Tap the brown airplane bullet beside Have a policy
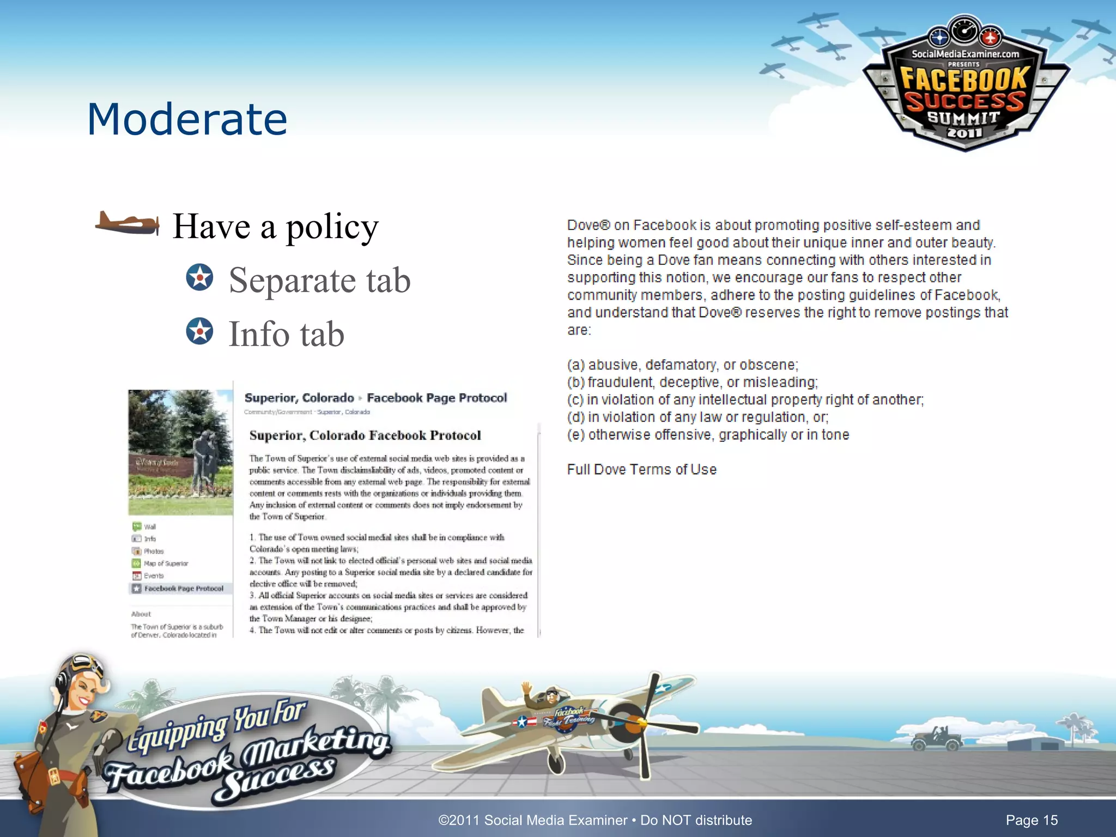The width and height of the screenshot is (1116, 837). click(127, 223)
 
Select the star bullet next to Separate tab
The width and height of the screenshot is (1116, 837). click(199, 277)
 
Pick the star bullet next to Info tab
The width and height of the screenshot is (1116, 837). click(199, 331)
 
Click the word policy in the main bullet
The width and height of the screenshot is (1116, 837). click(332, 227)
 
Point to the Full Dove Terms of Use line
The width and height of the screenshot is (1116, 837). click(641, 469)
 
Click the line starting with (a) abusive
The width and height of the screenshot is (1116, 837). click(682, 365)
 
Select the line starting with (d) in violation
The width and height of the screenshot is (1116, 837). click(697, 417)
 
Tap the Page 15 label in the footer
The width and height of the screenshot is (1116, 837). click(1031, 820)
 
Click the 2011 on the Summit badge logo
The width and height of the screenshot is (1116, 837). click(964, 132)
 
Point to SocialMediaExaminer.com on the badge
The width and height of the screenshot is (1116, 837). click(965, 54)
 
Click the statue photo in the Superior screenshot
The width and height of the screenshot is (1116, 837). click(180, 452)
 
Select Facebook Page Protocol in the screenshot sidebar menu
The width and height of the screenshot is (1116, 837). click(184, 589)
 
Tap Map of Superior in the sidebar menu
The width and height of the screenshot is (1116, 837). click(166, 563)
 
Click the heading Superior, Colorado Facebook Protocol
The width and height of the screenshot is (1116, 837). click(365, 435)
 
